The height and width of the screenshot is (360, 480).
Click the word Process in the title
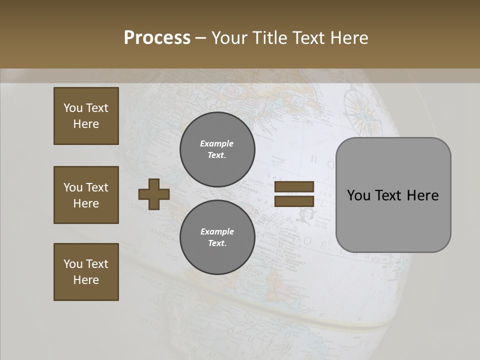pyautogui.click(x=157, y=38)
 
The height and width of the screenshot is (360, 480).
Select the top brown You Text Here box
pyautogui.click(x=86, y=116)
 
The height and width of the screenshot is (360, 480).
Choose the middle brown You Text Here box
pyautogui.click(x=86, y=195)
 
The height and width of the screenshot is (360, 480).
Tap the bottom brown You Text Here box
pyautogui.click(x=86, y=272)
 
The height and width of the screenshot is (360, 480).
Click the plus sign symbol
pyautogui.click(x=154, y=194)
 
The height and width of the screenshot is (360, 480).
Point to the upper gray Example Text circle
pyautogui.click(x=217, y=149)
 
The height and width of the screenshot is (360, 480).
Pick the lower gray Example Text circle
pyautogui.click(x=217, y=237)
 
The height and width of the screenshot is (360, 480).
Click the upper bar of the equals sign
pyautogui.click(x=294, y=187)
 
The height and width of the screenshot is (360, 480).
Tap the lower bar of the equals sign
pyautogui.click(x=294, y=201)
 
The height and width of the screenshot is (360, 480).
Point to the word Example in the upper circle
pyautogui.click(x=216, y=144)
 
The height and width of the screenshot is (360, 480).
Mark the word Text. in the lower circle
pyautogui.click(x=217, y=243)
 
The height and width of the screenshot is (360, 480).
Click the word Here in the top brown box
pyautogui.click(x=86, y=124)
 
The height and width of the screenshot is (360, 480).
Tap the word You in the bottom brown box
pyautogui.click(x=73, y=264)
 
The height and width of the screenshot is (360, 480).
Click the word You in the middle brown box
pyautogui.click(x=73, y=187)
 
